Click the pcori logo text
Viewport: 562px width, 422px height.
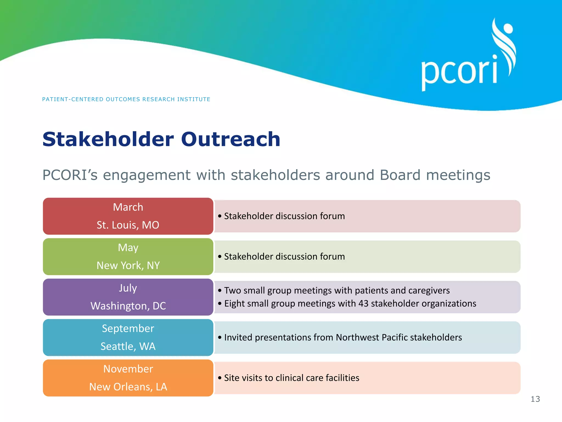[459, 72]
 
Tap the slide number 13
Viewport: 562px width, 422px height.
[535, 399]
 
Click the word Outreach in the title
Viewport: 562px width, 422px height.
[230, 139]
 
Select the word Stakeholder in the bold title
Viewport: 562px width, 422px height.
[108, 139]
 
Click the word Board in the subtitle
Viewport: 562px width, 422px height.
[400, 175]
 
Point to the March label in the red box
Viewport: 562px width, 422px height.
[128, 207]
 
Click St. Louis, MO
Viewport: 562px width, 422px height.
[128, 225]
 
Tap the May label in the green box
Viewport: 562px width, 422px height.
[128, 248]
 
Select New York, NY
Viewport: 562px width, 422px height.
[128, 265]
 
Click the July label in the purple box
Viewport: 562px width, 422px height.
[128, 288]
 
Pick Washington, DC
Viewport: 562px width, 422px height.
[128, 306]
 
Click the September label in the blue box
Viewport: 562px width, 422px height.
[128, 329]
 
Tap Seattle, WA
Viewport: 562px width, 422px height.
[128, 346]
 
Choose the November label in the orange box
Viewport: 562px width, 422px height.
[128, 369]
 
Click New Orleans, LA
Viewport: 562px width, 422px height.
[128, 387]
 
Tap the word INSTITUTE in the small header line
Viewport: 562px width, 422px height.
[193, 99]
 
